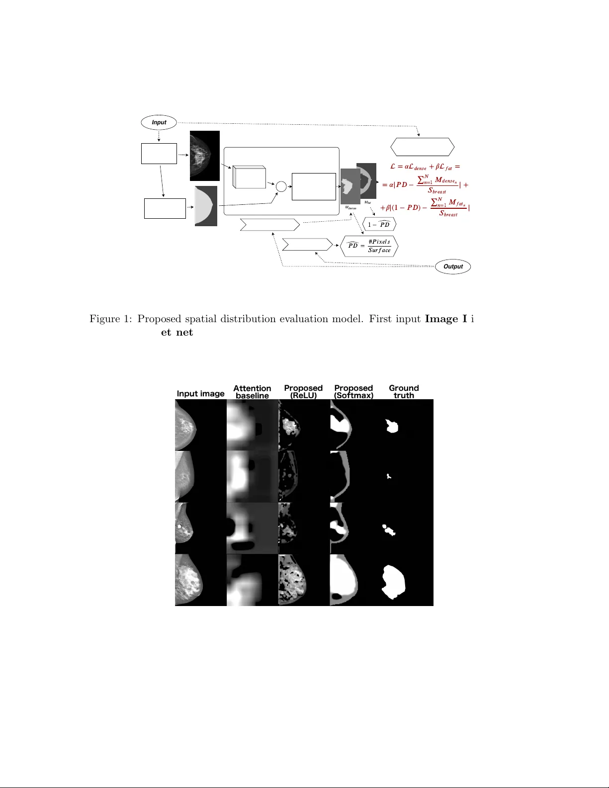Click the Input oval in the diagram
[159, 122]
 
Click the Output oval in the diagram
[453, 266]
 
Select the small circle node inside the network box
[281, 186]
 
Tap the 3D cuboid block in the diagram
[249, 177]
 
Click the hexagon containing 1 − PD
[379, 224]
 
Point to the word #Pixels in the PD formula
[379, 242]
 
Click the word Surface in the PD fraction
[379, 250]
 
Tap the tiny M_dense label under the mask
[350, 208]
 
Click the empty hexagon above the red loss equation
[422, 147]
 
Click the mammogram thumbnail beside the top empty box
[204, 156]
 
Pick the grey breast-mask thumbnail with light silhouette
[206, 206]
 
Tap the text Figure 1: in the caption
[111, 319]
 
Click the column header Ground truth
[404, 392]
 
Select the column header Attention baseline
[252, 392]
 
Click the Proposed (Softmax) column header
[353, 392]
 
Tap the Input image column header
[200, 394]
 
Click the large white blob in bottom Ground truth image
[393, 581]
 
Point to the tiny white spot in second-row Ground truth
[389, 476]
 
